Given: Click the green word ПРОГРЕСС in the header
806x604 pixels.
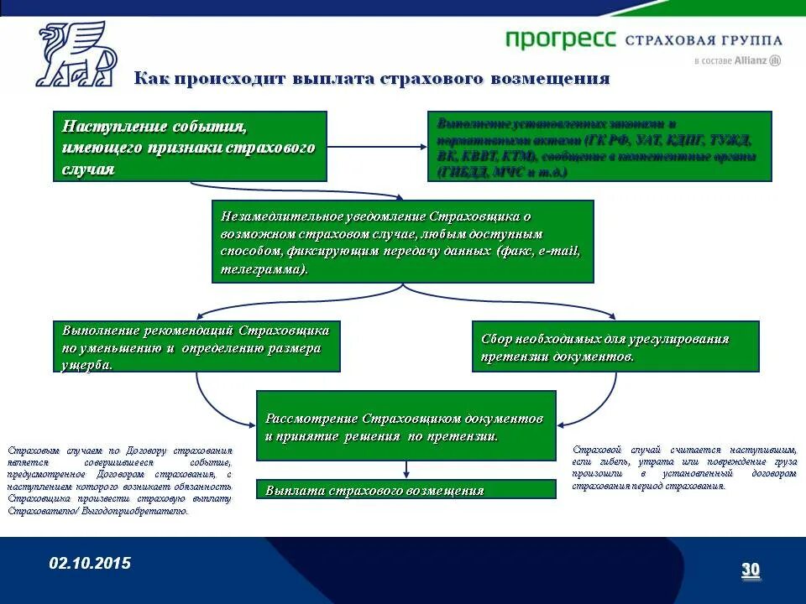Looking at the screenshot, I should coord(561,39).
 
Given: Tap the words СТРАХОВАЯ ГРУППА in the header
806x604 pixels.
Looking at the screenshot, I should coord(704,40).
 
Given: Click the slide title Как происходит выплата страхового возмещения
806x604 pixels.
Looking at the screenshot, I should coord(372,79).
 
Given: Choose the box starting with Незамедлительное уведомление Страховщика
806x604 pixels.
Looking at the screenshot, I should coord(402,242).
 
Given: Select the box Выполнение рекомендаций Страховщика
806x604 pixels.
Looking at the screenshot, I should coord(196,346).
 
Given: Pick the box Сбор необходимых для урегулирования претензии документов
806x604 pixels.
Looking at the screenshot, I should coord(615,346).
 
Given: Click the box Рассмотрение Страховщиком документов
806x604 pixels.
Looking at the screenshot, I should coord(406,426).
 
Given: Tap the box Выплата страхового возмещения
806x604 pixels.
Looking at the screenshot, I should coord(406,490).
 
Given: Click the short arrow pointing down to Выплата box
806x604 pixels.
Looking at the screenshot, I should coord(406,470).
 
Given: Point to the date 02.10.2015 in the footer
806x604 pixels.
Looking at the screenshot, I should coord(90,563).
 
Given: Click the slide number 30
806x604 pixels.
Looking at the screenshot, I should coord(750,570).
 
